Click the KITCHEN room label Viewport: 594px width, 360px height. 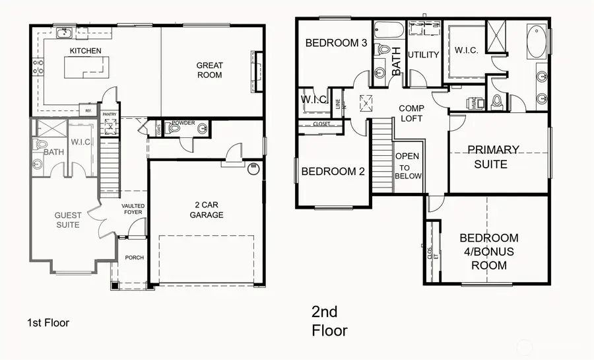tap(86, 51)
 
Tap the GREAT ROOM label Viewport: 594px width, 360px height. tap(209, 70)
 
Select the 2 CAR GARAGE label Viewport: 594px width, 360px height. tap(206, 209)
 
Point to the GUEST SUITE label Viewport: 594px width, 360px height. tap(67, 219)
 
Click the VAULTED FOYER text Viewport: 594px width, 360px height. tap(133, 209)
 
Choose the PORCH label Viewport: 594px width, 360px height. tap(134, 258)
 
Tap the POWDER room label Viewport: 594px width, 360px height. tap(183, 124)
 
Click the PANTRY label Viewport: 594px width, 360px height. tap(109, 114)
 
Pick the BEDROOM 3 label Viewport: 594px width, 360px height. tap(336, 44)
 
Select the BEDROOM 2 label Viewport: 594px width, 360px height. tap(333, 172)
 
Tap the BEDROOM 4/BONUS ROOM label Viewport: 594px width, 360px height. tap(489, 251)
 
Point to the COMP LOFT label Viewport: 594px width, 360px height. tap(411, 113)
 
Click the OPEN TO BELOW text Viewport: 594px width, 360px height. tap(407, 166)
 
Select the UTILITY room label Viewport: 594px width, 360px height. tap(423, 55)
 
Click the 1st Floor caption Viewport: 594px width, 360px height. tap(48, 323)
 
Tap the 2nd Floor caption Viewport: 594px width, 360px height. tap(329, 320)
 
